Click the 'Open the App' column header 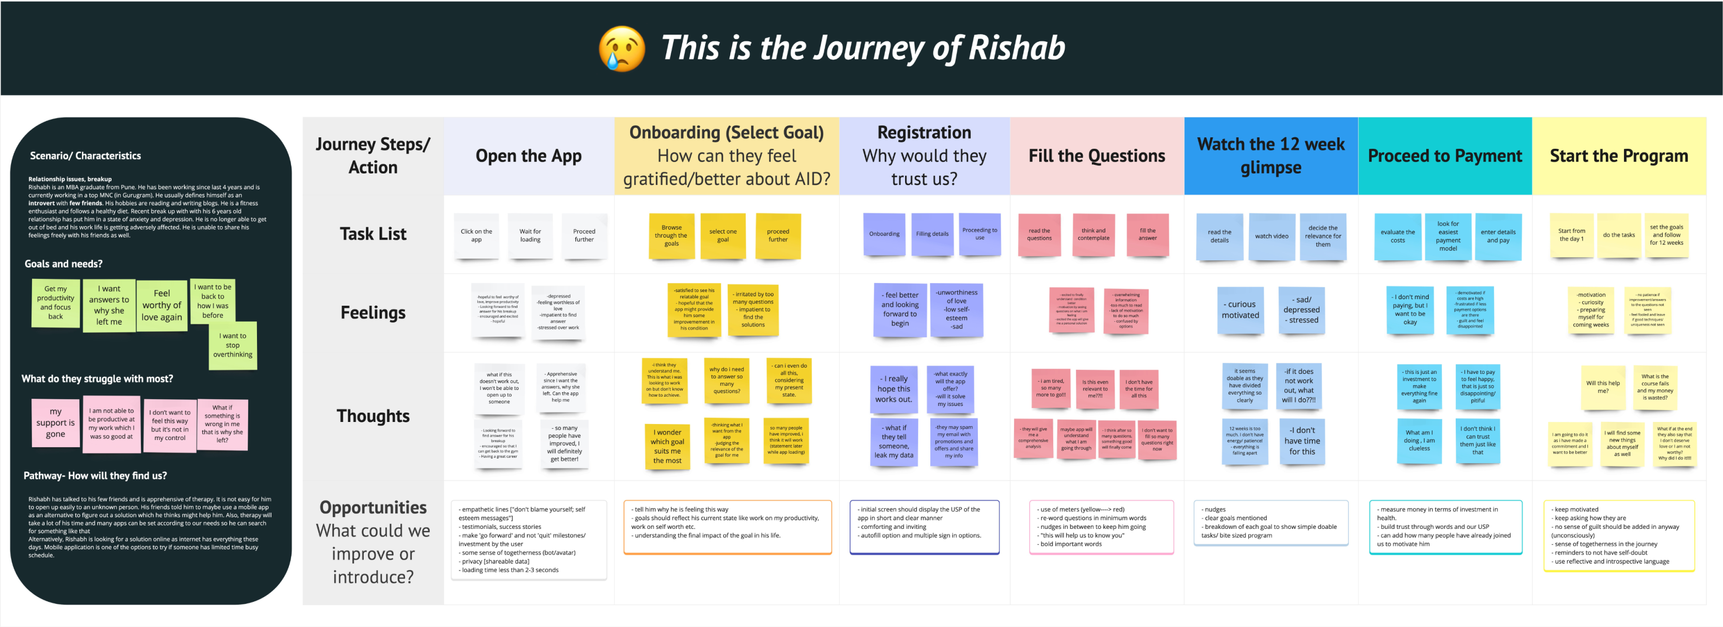[x=528, y=156]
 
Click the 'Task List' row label [x=373, y=233]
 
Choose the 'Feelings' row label [x=373, y=312]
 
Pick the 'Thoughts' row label [x=373, y=416]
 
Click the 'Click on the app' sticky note [x=476, y=236]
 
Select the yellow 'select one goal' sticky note [x=722, y=236]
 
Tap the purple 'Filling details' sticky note [x=932, y=234]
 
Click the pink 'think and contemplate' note [x=1093, y=234]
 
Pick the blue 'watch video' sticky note [x=1271, y=236]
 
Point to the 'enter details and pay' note [x=1497, y=236]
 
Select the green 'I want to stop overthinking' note [x=233, y=346]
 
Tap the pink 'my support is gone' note [x=56, y=422]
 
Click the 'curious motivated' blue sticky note [x=1240, y=310]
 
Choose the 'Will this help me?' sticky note [x=1603, y=387]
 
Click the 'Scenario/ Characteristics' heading [x=85, y=156]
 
